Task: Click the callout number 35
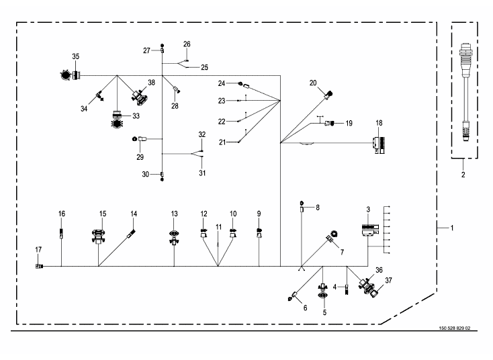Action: click(x=75, y=56)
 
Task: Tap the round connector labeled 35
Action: click(x=66, y=75)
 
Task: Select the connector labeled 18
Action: click(x=379, y=144)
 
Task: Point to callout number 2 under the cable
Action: click(x=463, y=175)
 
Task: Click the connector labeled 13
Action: click(x=174, y=235)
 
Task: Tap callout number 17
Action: click(x=38, y=250)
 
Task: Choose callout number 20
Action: click(x=313, y=83)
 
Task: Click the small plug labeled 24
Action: click(x=240, y=83)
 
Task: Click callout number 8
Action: click(x=318, y=208)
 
